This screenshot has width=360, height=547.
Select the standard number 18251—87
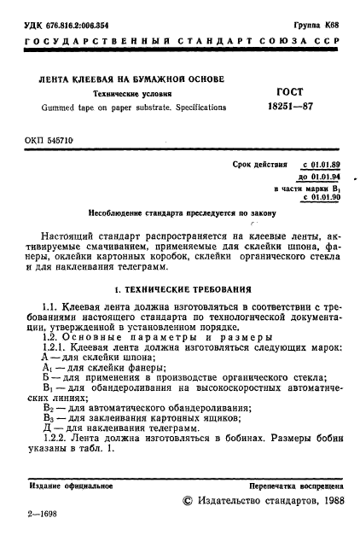(290, 108)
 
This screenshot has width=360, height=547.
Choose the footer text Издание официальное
(65, 486)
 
